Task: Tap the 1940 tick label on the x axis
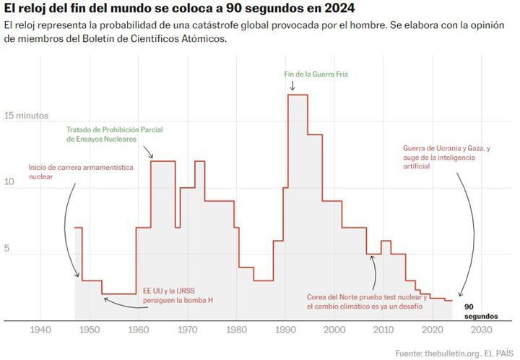40,330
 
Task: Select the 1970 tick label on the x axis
188,330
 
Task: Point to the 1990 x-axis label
285,330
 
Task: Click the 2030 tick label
480,330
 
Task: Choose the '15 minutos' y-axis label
26,116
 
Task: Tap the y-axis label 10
9,182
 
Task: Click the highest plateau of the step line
298,95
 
